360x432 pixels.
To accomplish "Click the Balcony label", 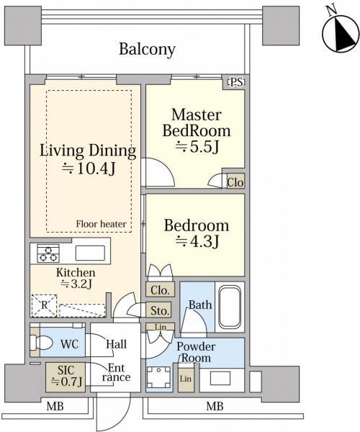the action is [x=147, y=50].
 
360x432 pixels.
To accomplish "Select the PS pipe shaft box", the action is [x=236, y=82].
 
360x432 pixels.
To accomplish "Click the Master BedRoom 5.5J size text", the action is [x=197, y=148].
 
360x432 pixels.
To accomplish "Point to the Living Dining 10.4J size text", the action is [x=88, y=168].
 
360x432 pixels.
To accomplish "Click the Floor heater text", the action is [x=101, y=224].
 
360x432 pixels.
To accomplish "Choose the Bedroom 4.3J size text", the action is [x=197, y=242].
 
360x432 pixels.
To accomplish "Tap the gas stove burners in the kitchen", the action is [x=48, y=253].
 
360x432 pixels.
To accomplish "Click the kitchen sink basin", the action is [x=90, y=253].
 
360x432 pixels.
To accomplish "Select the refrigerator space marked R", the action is [x=44, y=305].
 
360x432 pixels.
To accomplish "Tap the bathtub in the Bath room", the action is [x=230, y=307].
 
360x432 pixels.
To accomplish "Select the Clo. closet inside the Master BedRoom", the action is [x=235, y=181].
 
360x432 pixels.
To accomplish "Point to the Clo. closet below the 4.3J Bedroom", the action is [x=160, y=289].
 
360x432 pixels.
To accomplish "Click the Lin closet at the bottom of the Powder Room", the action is [x=186, y=379].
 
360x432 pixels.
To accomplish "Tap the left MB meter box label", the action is [x=55, y=406].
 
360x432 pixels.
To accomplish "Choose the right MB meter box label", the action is [x=215, y=406].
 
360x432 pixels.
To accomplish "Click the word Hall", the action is [x=117, y=344].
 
